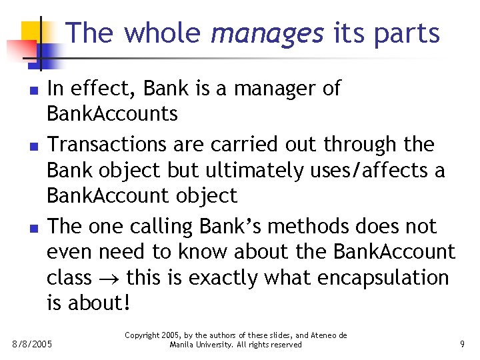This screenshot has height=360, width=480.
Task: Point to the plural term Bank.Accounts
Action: pos(112,114)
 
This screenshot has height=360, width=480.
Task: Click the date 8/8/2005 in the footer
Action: pos(33,344)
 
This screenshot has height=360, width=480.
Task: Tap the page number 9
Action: pos(462,344)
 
